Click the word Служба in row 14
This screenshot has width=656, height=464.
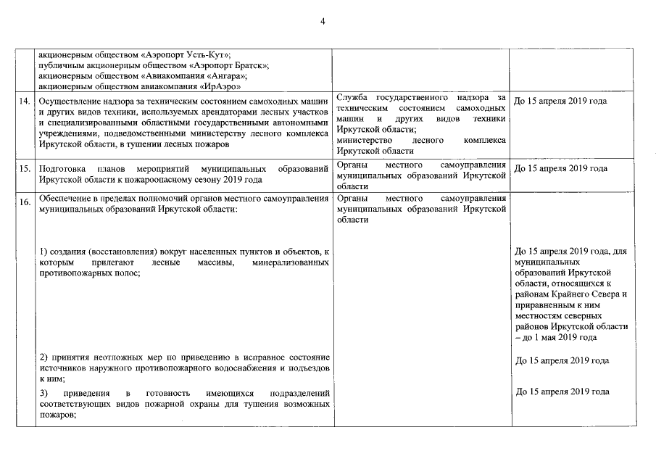[x=353, y=97]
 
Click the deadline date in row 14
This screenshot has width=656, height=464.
[x=560, y=101]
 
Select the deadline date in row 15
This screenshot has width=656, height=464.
[x=560, y=169]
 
